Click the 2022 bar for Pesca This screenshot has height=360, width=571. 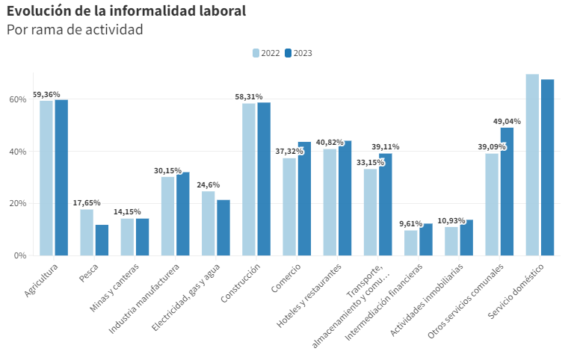[87, 232]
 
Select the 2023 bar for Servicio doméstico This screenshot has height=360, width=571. [547, 167]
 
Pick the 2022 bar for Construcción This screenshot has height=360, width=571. [249, 179]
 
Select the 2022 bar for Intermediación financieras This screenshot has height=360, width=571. [411, 243]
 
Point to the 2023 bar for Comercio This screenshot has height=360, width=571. [304, 199]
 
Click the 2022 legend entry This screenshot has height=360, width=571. [267, 53]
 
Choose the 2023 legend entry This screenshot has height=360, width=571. [298, 53]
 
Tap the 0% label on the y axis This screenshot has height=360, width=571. [20, 255]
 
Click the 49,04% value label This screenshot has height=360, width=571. [507, 121]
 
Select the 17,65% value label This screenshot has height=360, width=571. [87, 202]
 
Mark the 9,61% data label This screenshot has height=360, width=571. [411, 223]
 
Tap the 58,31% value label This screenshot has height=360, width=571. [249, 96]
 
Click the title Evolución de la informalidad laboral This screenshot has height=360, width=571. [126, 11]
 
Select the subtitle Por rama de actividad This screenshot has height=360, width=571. [75, 30]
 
